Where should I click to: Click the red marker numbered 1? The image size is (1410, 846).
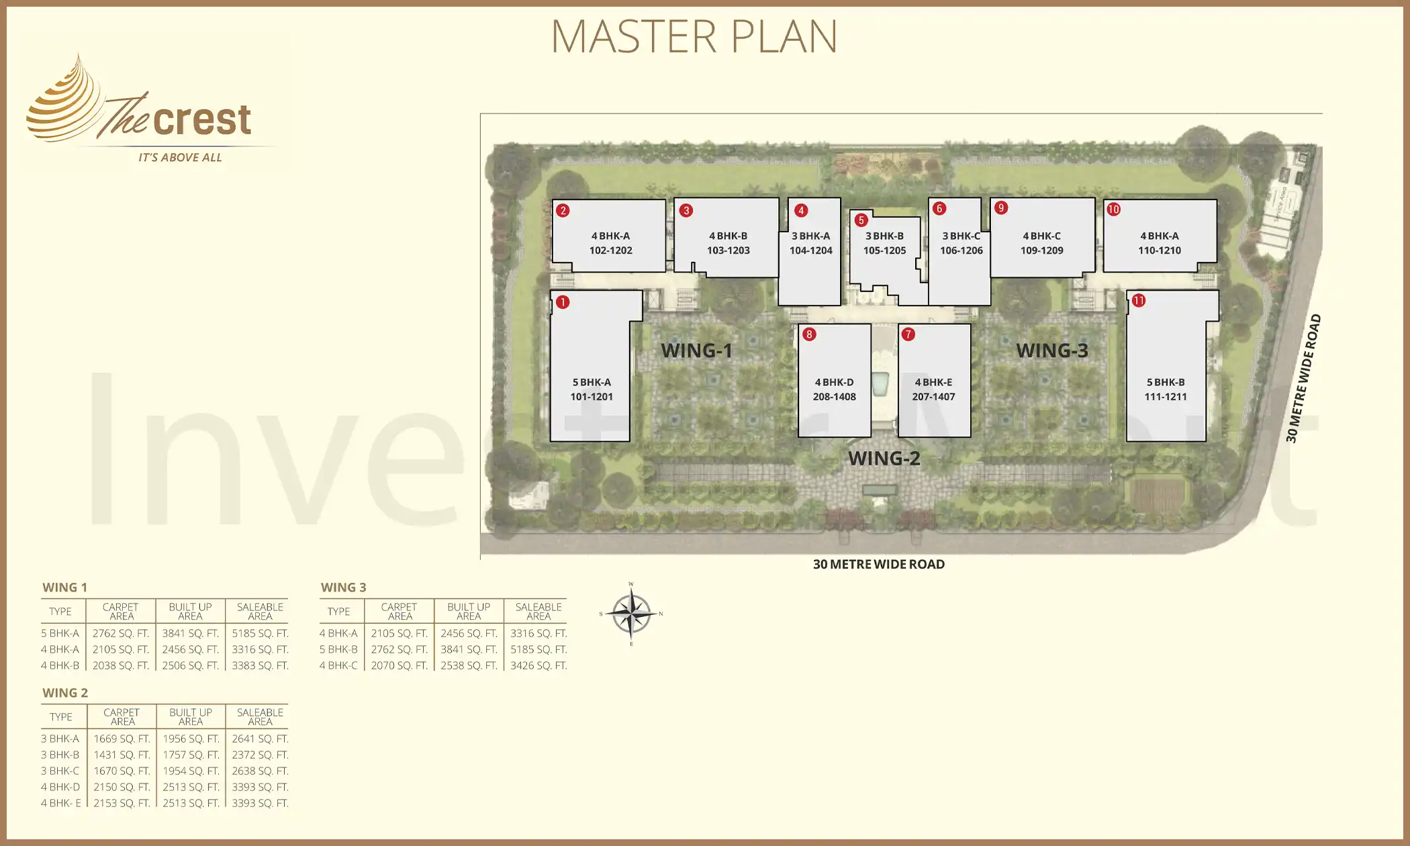563,302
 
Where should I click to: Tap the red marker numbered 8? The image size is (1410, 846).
809,334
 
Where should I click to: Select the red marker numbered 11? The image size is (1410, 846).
1139,301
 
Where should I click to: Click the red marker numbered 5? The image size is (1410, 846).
861,220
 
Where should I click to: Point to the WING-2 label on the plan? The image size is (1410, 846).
884,459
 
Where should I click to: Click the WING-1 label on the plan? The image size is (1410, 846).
696,350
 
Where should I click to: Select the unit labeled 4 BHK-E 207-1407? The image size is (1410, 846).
933,389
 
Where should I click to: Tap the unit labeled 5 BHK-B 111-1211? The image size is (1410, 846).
1166,389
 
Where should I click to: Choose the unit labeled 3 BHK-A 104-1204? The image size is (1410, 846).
810,243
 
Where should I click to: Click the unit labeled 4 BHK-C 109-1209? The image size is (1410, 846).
1042,243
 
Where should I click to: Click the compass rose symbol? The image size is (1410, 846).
631,614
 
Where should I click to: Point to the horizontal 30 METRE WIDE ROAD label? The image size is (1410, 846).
878,565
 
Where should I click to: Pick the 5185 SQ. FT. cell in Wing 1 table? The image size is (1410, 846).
260,633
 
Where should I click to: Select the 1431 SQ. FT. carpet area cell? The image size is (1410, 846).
122,755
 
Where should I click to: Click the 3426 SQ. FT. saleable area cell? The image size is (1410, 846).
538,665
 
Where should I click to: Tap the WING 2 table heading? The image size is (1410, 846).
65,693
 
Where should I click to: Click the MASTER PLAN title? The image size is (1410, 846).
694,36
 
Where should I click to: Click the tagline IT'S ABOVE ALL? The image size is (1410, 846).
180,158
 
